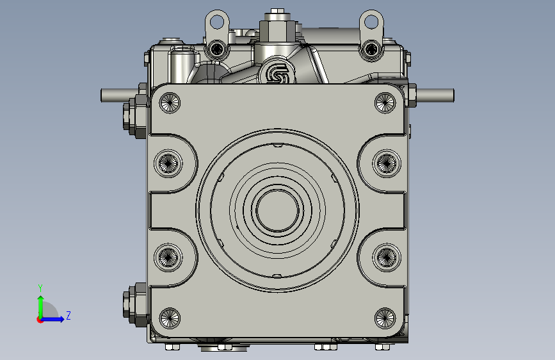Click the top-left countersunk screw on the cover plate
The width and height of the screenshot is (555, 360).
pos(170,102)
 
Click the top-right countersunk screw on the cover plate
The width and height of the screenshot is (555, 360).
pos(385,102)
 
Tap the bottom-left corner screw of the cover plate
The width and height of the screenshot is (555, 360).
pos(170,318)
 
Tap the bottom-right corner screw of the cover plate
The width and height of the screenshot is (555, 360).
pos(385,318)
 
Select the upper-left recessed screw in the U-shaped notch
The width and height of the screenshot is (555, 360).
pos(168,163)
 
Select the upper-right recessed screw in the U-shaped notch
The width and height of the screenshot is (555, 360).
pos(387,163)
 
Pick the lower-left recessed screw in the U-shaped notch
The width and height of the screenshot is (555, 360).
pos(168,258)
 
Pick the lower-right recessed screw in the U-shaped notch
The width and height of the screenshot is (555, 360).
pos(387,258)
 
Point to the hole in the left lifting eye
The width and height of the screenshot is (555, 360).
pos(217,21)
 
